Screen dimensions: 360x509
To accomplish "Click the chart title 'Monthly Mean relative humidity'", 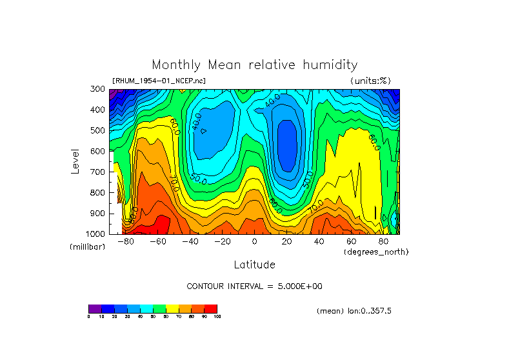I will (254, 65).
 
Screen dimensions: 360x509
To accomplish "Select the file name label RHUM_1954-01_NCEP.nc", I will (159, 81).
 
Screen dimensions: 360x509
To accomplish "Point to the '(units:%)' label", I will (370, 81).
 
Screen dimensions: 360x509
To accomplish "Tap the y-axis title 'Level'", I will (75, 161).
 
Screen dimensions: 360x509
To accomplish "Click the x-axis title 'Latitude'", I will (254, 265).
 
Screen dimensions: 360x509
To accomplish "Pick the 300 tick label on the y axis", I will (98, 89).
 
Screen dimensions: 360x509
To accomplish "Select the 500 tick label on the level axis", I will (98, 130).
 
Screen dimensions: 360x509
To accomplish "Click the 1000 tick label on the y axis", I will (96, 234).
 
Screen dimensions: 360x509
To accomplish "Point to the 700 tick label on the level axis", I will (98, 172).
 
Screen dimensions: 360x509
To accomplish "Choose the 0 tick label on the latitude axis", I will (255, 241).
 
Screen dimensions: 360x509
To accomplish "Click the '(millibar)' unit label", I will (87, 247).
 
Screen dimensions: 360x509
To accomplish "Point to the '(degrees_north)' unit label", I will (376, 252).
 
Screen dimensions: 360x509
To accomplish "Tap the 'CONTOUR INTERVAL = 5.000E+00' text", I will (254, 286).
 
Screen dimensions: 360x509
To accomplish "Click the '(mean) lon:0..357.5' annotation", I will (354, 311).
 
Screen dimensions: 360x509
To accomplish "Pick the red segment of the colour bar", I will (210, 308).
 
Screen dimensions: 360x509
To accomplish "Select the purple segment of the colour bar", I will (95, 308).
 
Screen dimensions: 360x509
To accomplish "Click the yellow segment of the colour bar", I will (172, 308).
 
